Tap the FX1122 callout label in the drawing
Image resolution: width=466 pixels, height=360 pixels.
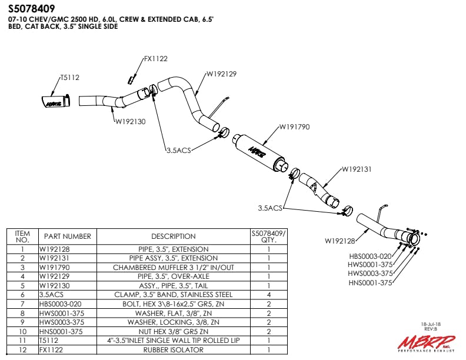pyautogui.click(x=156, y=59)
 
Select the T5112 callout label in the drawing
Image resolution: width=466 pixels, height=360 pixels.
pyautogui.click(x=69, y=77)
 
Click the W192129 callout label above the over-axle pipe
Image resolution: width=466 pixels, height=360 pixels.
pyautogui.click(x=221, y=74)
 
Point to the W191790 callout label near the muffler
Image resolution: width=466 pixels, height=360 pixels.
pyautogui.click(x=294, y=126)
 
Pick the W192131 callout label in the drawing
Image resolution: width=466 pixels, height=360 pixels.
pyautogui.click(x=357, y=169)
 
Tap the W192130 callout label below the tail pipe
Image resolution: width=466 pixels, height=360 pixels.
pyautogui.click(x=130, y=121)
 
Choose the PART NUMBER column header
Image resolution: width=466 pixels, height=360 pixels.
pyautogui.click(x=68, y=236)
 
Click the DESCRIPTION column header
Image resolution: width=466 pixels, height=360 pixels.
pyautogui.click(x=174, y=236)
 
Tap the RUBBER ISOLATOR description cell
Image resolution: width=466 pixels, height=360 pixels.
pyautogui.click(x=174, y=349)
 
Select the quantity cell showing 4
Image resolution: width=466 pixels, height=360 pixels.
pyautogui.click(x=268, y=294)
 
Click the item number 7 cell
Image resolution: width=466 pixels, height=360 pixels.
pyautogui.click(x=22, y=304)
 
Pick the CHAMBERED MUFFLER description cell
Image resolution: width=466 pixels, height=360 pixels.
pyautogui.click(x=174, y=267)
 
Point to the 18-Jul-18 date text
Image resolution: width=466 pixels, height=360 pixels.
pyautogui.click(x=432, y=324)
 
